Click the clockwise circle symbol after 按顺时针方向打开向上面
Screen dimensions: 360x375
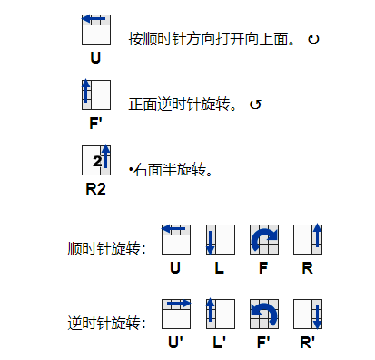313,40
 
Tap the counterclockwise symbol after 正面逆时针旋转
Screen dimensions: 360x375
255,105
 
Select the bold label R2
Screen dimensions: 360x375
95,191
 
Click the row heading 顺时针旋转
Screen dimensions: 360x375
105,248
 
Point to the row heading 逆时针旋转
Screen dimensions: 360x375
105,323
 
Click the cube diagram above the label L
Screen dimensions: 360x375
220,239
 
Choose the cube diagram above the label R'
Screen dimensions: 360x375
308,314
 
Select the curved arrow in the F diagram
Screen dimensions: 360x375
263,239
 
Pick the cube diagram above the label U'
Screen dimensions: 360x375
176,314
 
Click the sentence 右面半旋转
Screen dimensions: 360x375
173,169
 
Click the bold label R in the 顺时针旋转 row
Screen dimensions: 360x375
308,268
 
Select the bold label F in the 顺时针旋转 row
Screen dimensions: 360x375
263,268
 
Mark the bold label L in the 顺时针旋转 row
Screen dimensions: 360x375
220,268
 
